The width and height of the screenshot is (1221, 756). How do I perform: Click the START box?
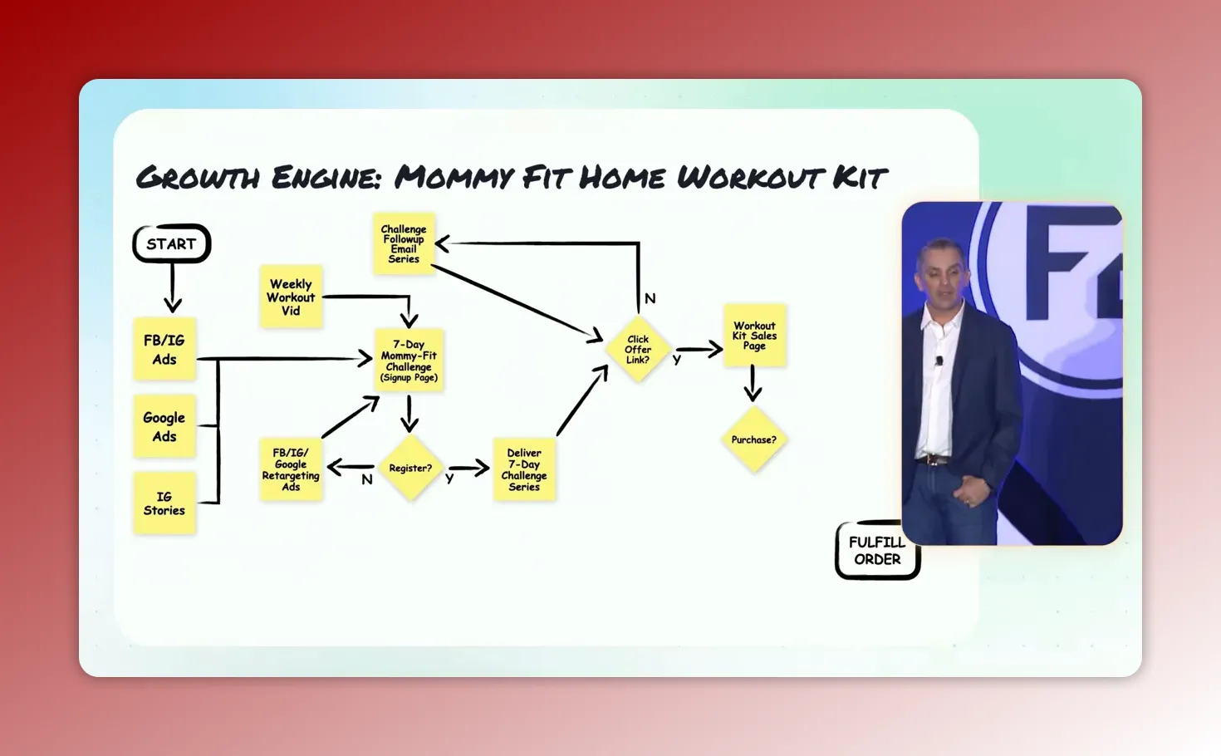(172, 243)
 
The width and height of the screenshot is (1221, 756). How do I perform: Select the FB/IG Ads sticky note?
(164, 350)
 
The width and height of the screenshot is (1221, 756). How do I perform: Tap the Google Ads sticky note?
(164, 427)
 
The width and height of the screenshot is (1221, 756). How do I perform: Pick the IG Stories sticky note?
(164, 503)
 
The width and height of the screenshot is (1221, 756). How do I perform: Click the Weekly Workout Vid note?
(291, 297)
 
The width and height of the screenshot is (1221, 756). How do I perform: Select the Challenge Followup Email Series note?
(404, 243)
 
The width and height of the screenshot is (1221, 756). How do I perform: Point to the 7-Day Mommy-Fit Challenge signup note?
(409, 361)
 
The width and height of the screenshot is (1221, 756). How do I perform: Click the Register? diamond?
(410, 469)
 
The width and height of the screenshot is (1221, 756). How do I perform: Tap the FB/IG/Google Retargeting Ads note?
(291, 470)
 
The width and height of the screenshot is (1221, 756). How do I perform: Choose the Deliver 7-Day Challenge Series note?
(524, 470)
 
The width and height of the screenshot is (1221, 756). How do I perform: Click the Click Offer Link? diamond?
(638, 350)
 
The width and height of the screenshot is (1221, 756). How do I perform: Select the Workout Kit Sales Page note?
(754, 336)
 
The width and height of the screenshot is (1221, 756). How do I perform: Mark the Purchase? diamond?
(753, 440)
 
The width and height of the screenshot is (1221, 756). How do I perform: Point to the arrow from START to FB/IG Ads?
(172, 287)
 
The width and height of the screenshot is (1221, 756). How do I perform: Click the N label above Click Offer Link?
(650, 298)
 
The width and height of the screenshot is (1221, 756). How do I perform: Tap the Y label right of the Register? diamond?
(449, 479)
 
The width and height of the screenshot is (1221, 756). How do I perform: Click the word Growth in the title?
(198, 178)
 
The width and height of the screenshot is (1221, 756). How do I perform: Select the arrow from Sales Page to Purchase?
(753, 383)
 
